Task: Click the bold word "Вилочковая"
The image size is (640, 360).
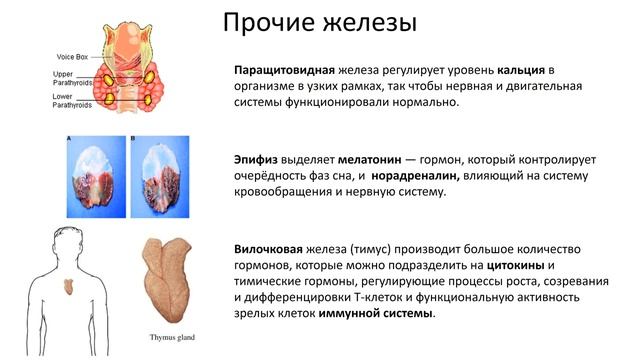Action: (266, 249)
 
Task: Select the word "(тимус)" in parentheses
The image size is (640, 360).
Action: (365, 249)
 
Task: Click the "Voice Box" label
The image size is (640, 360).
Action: (73, 58)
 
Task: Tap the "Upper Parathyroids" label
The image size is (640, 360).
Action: (72, 79)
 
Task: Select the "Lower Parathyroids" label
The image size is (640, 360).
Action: (72, 100)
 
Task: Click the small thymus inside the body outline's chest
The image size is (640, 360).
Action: (68, 286)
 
